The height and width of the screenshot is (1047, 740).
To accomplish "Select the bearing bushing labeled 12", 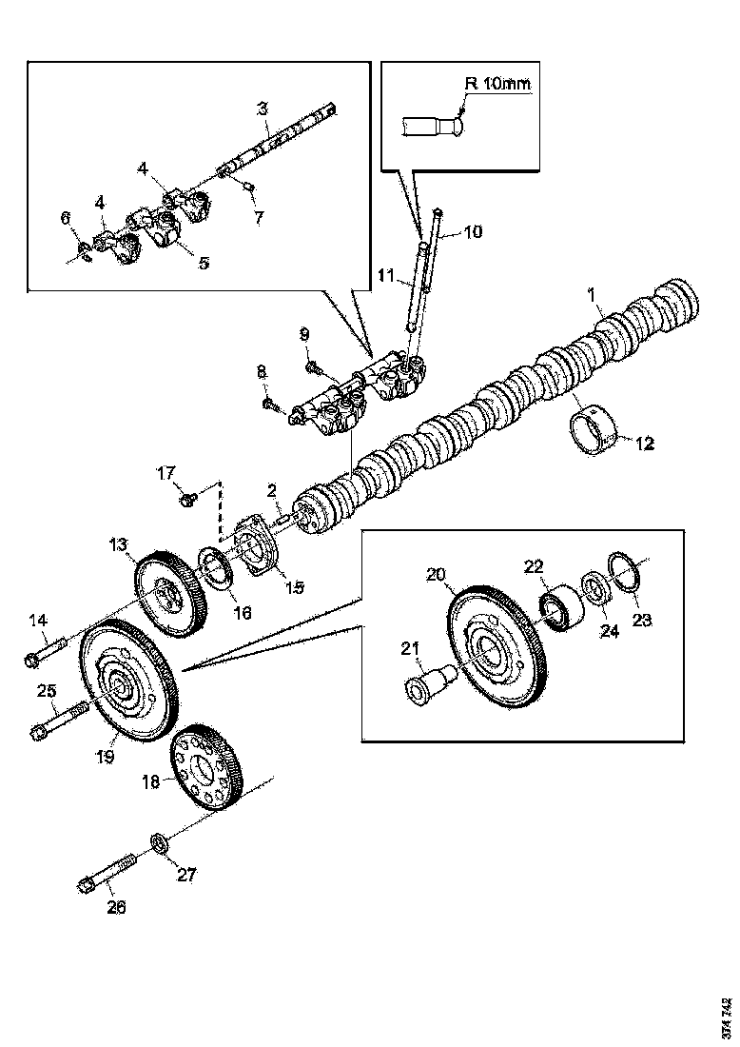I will click(x=594, y=434).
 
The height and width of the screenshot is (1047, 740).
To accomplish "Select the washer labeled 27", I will click(x=158, y=842).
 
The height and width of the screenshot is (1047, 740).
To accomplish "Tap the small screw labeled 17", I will click(x=185, y=496).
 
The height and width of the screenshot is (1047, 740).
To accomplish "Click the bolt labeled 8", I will click(x=273, y=407).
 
